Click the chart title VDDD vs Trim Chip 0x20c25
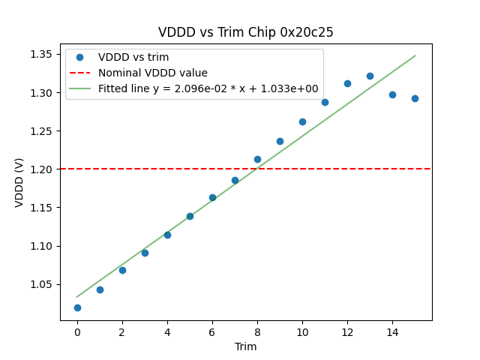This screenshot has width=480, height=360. (x=245, y=32)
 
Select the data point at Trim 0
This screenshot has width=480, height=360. (x=77, y=307)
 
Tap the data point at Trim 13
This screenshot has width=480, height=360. (x=370, y=76)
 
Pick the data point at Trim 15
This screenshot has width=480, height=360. (x=415, y=98)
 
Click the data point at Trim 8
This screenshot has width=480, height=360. (x=257, y=159)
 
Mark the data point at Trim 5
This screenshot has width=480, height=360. (x=190, y=216)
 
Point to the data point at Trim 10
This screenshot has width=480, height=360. (x=302, y=121)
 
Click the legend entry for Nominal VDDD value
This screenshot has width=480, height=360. (x=152, y=73)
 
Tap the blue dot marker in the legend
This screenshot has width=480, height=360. (x=79, y=57)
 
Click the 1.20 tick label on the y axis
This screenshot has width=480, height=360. (x=41, y=169)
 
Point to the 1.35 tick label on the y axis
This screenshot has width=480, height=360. (x=41, y=54)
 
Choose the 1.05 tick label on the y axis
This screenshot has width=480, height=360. (x=41, y=284)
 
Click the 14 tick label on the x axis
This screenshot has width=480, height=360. (x=392, y=332)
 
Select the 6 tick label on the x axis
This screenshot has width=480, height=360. (x=212, y=332)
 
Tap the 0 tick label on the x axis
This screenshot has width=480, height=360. (x=77, y=332)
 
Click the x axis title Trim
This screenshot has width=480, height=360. (x=245, y=346)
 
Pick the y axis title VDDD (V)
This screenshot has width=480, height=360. (x=19, y=181)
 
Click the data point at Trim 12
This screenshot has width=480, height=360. (x=347, y=83)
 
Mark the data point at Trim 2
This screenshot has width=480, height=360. (x=122, y=270)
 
